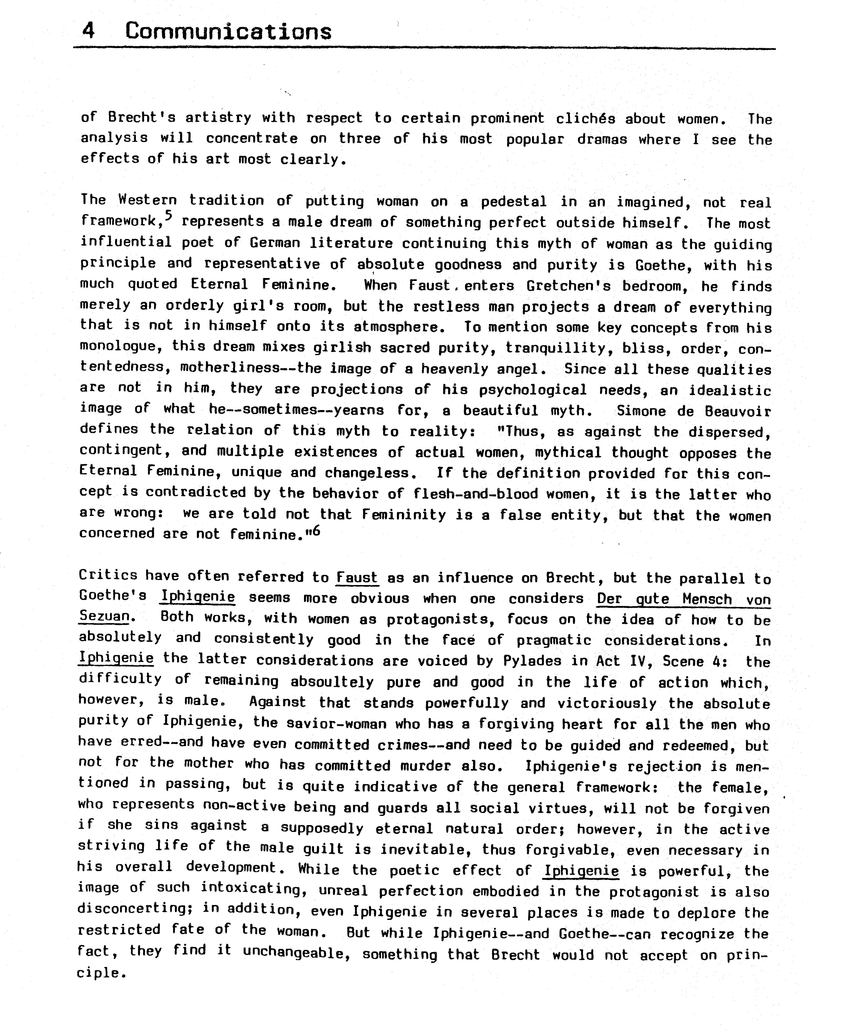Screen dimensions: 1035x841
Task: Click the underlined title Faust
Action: [x=357, y=578]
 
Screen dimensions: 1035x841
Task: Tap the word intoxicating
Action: [x=251, y=889]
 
